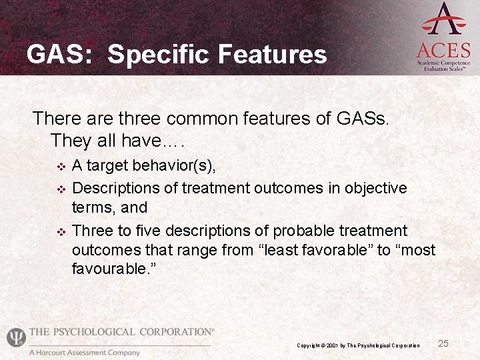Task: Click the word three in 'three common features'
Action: point(140,119)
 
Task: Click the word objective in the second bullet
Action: point(375,188)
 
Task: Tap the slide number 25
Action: point(443,343)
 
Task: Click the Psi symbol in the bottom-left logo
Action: point(15,337)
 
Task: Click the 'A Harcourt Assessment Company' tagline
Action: point(84,353)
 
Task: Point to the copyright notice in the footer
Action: point(358,345)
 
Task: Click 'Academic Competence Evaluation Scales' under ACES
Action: point(443,65)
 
